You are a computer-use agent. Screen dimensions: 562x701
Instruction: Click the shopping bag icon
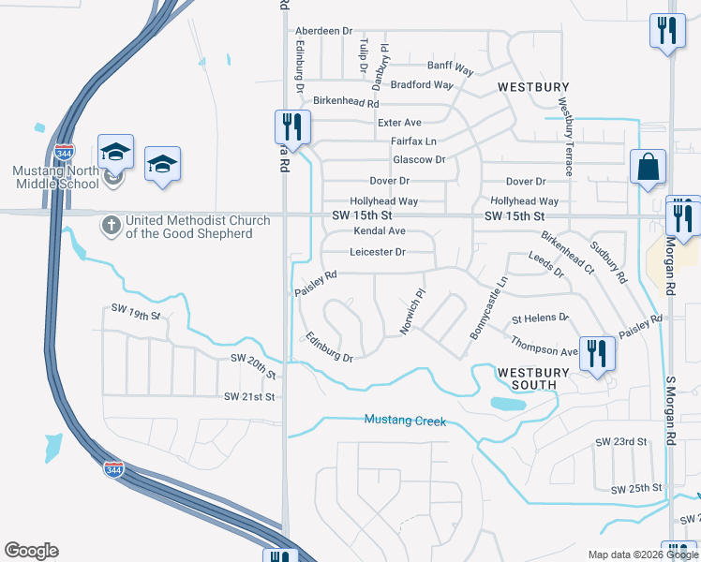(648, 168)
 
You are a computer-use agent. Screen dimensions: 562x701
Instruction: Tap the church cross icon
(111, 225)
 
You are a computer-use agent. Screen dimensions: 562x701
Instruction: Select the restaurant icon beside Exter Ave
(292, 127)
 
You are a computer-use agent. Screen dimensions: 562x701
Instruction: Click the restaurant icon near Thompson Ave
(596, 354)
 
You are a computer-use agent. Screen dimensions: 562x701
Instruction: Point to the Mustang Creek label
(406, 421)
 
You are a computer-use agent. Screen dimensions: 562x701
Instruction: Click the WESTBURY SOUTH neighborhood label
(533, 378)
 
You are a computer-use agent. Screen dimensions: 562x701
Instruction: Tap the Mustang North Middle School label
(54, 177)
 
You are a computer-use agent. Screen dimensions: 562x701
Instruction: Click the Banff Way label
(450, 67)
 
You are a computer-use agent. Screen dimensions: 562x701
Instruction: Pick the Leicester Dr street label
(378, 252)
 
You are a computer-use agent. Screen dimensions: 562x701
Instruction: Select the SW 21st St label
(249, 397)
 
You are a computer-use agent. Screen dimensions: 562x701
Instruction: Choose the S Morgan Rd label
(671, 410)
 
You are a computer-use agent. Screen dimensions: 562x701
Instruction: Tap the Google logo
(32, 551)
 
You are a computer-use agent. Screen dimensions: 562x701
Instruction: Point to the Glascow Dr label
(419, 160)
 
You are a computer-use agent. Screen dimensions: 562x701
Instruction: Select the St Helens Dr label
(540, 318)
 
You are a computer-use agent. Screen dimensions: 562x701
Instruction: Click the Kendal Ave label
(380, 231)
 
